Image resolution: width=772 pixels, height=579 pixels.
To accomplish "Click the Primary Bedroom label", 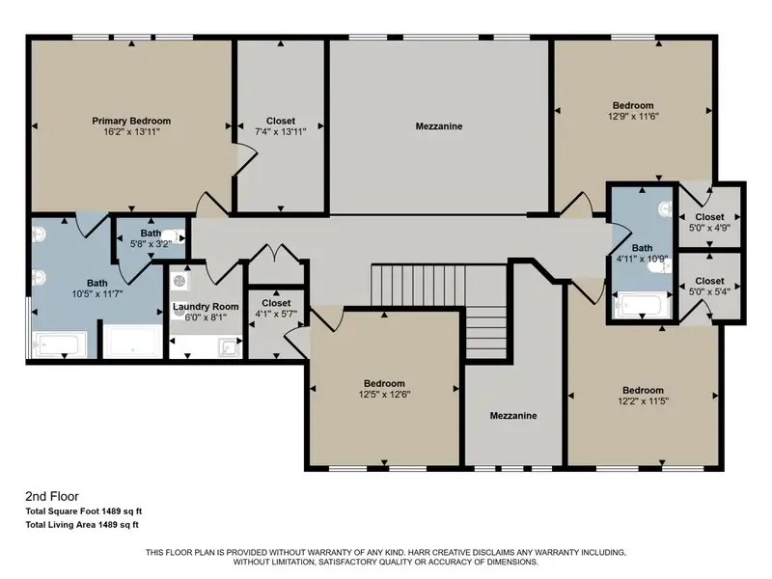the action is pyautogui.click(x=131, y=121).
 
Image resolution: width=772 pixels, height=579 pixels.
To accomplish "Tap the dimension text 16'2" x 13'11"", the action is pyautogui.click(x=131, y=132).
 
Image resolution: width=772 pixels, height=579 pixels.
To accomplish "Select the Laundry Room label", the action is pyautogui.click(x=206, y=306).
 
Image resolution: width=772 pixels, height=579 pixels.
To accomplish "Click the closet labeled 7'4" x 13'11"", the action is pyautogui.click(x=281, y=126).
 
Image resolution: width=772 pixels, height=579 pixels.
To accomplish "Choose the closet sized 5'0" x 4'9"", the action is pyautogui.click(x=709, y=222).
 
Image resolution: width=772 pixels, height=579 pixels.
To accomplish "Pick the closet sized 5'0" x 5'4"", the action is pyautogui.click(x=709, y=286).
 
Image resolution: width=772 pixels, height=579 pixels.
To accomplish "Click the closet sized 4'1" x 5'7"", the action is pyautogui.click(x=276, y=308).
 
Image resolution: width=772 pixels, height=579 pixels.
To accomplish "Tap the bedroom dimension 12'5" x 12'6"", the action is pyautogui.click(x=384, y=395).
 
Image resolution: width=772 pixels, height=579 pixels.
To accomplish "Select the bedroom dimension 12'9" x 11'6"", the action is pyautogui.click(x=633, y=116).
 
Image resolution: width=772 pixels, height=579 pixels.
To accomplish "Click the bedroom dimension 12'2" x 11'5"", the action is pyautogui.click(x=643, y=401).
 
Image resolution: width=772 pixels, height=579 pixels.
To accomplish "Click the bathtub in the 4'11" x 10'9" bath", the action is pyautogui.click(x=642, y=306).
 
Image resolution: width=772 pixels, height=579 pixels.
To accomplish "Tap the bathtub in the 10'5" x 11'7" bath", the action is pyautogui.click(x=59, y=345).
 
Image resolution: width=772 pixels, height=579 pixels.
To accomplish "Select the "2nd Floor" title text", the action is pyautogui.click(x=52, y=496).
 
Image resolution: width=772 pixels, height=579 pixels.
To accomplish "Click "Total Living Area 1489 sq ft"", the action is pyautogui.click(x=82, y=525).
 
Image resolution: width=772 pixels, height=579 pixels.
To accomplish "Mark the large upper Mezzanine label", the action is pyautogui.click(x=439, y=126).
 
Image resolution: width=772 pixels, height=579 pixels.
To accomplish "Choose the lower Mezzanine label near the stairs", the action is pyautogui.click(x=513, y=416).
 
